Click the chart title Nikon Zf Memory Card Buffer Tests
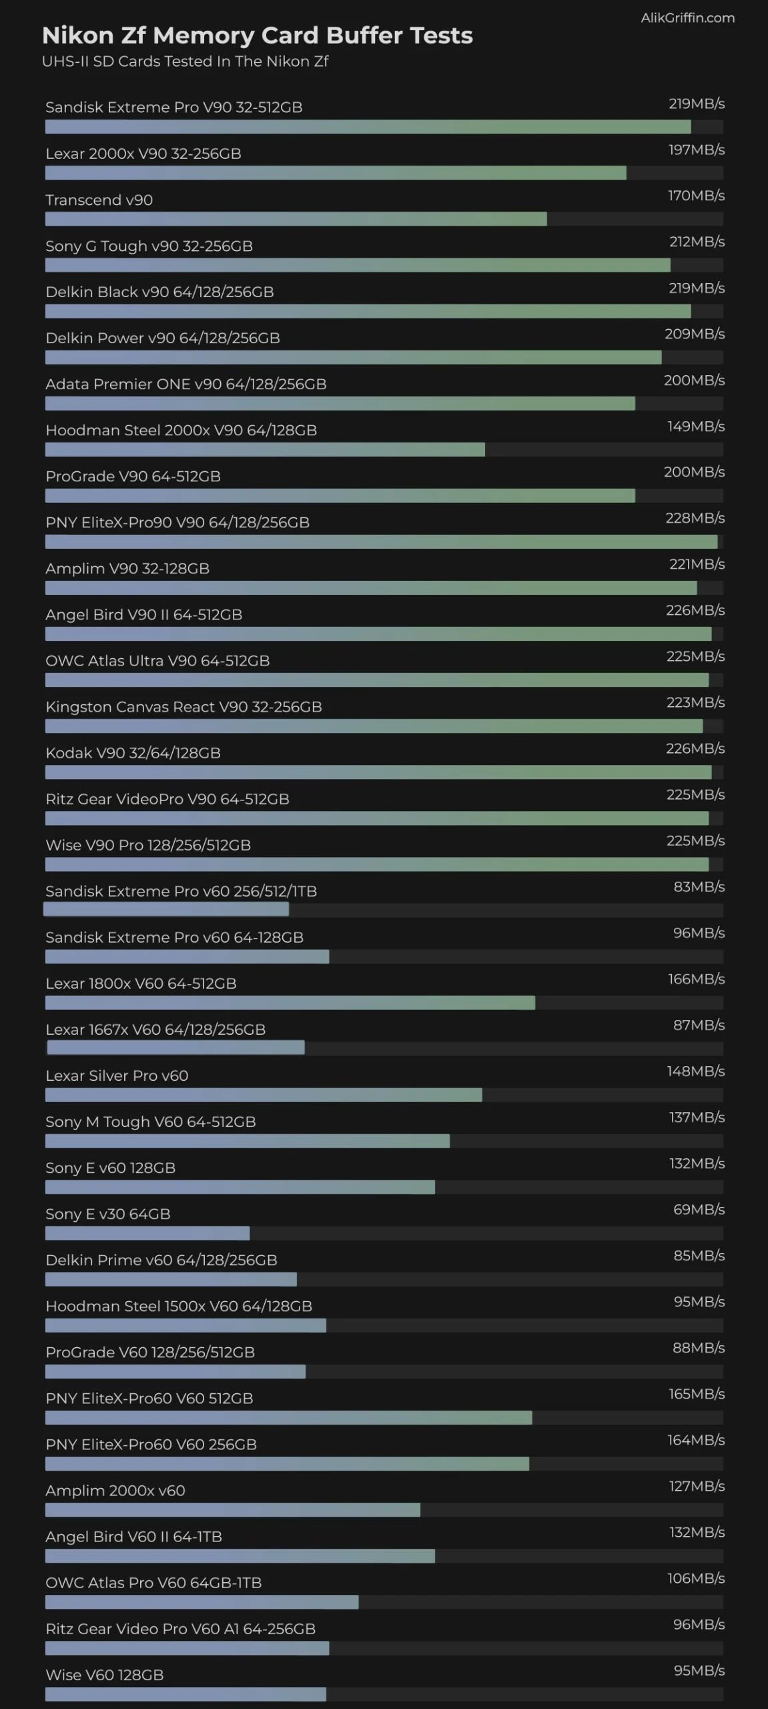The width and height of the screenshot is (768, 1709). pyautogui.click(x=257, y=35)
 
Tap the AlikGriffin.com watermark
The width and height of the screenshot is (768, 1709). pyautogui.click(x=687, y=18)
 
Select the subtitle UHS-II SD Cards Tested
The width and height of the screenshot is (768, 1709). pyautogui.click(x=185, y=61)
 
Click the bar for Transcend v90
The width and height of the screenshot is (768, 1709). pyautogui.click(x=296, y=219)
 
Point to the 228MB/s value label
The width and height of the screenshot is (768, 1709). pyautogui.click(x=695, y=518)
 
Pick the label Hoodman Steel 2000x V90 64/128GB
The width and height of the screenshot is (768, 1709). pyautogui.click(x=181, y=431)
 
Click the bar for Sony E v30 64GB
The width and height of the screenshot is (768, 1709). pyautogui.click(x=147, y=1233)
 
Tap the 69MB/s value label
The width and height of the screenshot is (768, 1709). pyautogui.click(x=699, y=1210)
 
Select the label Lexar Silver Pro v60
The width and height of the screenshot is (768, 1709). pyautogui.click(x=117, y=1076)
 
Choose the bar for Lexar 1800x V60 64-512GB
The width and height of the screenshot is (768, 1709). pyautogui.click(x=290, y=1003)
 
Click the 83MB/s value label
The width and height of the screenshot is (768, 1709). pyautogui.click(x=699, y=887)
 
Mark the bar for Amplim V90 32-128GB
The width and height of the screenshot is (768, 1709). pyautogui.click(x=371, y=587)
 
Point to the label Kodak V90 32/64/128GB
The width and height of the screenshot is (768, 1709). pyautogui.click(x=133, y=753)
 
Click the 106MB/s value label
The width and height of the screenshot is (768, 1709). pyautogui.click(x=695, y=1578)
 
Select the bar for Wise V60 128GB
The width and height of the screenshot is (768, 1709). pyautogui.click(x=185, y=1694)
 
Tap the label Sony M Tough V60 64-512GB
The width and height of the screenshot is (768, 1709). pyautogui.click(x=150, y=1122)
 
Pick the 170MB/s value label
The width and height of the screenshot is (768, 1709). pyautogui.click(x=696, y=196)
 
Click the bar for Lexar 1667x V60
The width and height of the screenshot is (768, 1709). pyautogui.click(x=175, y=1048)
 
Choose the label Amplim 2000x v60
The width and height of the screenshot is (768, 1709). pyautogui.click(x=115, y=1491)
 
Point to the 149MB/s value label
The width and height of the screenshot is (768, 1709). pyautogui.click(x=696, y=427)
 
